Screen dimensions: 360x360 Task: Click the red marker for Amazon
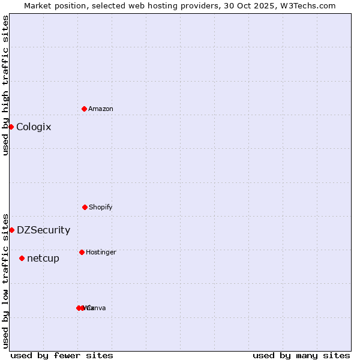(84, 109)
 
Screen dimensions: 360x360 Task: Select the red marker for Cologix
(11, 127)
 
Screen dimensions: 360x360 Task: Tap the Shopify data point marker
(85, 207)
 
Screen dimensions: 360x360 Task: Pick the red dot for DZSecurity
(11, 230)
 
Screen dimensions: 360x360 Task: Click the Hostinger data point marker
(82, 252)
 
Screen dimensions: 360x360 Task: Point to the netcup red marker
(22, 258)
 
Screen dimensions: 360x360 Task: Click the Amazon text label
(101, 109)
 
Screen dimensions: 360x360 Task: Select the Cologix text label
(34, 127)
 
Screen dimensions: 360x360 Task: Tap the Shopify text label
(101, 207)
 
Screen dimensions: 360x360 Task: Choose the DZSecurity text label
(43, 230)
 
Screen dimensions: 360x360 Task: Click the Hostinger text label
(101, 252)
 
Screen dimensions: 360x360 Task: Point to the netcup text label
(43, 258)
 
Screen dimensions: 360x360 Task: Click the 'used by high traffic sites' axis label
(5, 85)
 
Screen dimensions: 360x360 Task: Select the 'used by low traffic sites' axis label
(5, 281)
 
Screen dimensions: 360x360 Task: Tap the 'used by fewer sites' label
(62, 355)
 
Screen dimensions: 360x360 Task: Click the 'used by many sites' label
(301, 355)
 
